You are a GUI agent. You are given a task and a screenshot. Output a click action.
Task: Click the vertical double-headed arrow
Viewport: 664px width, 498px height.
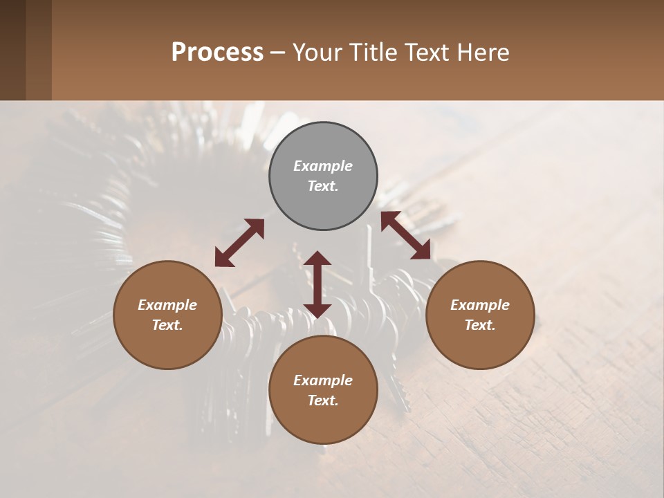(x=317, y=284)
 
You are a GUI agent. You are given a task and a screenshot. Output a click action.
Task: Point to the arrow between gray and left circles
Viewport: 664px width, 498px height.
(x=239, y=243)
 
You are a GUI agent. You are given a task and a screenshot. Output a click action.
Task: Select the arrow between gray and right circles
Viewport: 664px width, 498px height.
(x=406, y=236)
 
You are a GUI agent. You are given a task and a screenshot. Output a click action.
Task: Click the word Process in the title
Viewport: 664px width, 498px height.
(x=217, y=53)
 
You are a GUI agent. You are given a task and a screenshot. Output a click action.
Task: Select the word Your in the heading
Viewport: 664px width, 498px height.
(x=317, y=53)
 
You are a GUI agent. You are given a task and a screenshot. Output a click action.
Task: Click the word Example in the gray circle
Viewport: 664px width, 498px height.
(x=323, y=166)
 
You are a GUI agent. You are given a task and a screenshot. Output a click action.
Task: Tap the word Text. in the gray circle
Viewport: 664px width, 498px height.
(x=323, y=186)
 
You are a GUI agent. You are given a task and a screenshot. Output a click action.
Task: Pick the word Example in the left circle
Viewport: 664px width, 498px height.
(x=167, y=305)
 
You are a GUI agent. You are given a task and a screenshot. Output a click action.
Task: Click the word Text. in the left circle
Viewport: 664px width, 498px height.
(x=167, y=325)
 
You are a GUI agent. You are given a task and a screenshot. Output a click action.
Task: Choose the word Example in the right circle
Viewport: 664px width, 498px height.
(x=480, y=305)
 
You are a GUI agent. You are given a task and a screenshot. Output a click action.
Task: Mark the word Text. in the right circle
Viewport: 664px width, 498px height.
(x=480, y=325)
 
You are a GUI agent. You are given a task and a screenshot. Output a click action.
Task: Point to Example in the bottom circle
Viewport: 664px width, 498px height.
(x=323, y=380)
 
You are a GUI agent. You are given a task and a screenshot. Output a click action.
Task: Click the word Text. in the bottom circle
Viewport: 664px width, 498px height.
(x=323, y=400)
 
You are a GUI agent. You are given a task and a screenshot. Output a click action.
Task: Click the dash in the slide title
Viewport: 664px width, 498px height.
(x=278, y=53)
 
